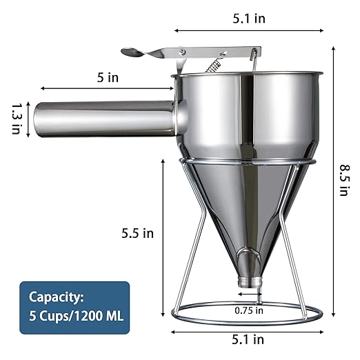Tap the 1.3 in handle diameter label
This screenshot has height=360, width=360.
tap(15, 119)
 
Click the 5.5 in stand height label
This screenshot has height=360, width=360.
tap(138, 233)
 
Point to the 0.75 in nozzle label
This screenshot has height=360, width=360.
tap(248, 310)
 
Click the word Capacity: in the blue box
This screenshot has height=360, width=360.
tap(56, 297)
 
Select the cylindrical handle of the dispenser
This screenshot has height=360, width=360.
tap(103, 119)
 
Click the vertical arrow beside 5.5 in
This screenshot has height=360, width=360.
tap(163, 234)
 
